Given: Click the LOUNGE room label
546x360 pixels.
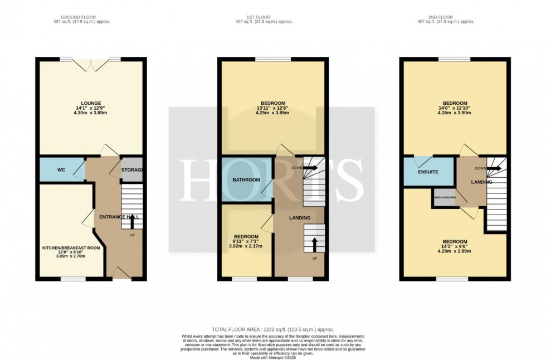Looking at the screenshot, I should (91, 103).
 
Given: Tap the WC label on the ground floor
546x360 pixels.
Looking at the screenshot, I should (61, 169).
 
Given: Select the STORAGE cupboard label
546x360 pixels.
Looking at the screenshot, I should (133, 169).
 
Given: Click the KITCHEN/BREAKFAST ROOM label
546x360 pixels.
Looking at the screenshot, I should (71, 248).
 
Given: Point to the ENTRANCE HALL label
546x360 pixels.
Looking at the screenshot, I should (119, 216).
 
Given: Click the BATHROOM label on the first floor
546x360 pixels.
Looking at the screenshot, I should (246, 179).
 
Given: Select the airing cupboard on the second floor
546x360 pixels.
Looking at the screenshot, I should (445, 198).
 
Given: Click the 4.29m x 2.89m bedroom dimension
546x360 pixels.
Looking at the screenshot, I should (455, 251).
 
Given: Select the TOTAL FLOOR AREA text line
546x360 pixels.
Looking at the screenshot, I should (272, 330).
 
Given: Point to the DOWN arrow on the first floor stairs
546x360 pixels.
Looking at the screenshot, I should (310, 167).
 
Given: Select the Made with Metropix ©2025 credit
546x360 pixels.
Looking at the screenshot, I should (272, 357).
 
